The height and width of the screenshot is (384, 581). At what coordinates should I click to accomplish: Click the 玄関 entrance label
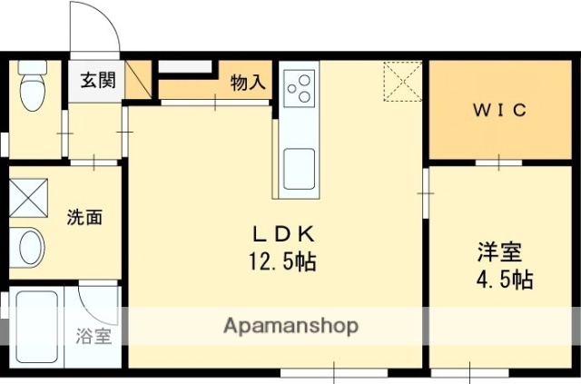pos(94,80)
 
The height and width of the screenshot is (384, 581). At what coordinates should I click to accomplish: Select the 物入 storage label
pos(248,83)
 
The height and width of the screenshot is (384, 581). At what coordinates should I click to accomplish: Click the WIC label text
pos(499,110)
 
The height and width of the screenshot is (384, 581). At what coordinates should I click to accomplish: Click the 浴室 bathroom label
pos(94,335)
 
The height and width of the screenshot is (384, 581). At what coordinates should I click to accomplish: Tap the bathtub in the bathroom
pos(36,327)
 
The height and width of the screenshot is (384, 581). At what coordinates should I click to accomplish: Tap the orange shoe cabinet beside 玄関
pos(139,80)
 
